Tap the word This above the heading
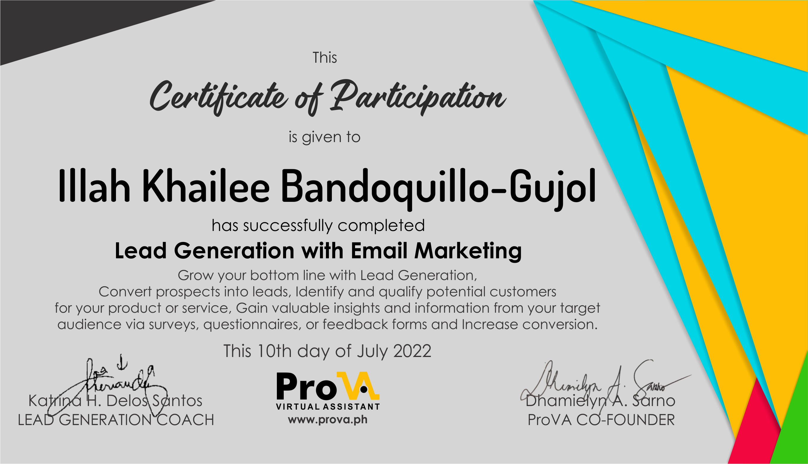pos(324,58)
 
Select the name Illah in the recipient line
pos(94,186)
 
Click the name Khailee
pos(205,186)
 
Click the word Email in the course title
pos(379,251)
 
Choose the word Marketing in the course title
pos(467,251)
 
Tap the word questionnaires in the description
pos(252,324)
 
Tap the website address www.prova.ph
pos(327,419)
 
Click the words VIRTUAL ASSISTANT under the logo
pos(328,407)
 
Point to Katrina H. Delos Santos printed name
pos(115,401)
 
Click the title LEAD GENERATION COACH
pos(116,420)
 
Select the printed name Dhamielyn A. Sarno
pos(600,401)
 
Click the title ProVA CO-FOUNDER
pos(601,420)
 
